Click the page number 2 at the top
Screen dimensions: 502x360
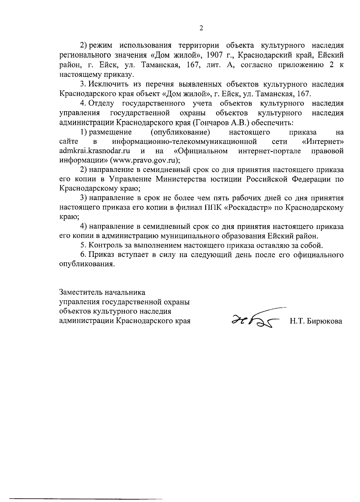coord(201,28)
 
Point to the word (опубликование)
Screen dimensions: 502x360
coord(180,132)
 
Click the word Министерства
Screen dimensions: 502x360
coord(184,179)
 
